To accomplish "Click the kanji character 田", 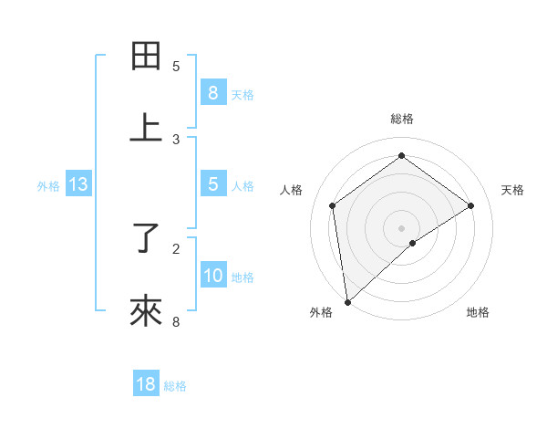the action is point(146,57).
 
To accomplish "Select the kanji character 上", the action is point(146,128).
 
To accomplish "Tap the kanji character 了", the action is point(146,238).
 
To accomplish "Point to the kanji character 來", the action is point(146,311).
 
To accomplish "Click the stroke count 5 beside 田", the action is point(176,67).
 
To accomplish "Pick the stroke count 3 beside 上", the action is point(176,139).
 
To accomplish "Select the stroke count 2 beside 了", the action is point(176,248).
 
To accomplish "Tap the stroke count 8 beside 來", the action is point(176,321).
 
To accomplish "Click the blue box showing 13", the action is point(78,185).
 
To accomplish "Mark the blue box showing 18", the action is point(146,384).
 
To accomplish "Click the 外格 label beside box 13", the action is point(48,186).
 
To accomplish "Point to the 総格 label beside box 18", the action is point(175,385).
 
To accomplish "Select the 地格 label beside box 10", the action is point(243,277).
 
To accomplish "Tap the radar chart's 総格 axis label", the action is point(402,119).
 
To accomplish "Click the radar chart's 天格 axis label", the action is point(512,190).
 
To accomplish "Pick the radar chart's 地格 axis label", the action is point(478,313).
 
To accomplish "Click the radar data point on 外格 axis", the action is point(346,302).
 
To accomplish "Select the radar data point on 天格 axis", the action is point(471,205).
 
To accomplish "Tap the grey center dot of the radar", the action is point(402,227).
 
